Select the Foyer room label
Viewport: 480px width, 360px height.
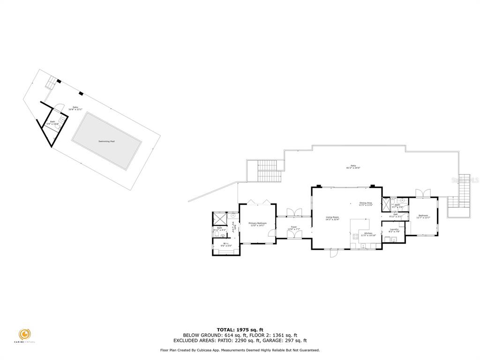(x=294, y=228)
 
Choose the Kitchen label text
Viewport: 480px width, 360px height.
(x=368, y=234)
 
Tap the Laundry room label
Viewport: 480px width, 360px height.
(x=394, y=230)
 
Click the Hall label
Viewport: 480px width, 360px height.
(x=395, y=215)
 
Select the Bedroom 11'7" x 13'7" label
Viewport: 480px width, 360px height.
(x=423, y=216)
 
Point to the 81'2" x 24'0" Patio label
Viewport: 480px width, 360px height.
(x=354, y=167)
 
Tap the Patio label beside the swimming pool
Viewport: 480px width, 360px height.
(x=75, y=108)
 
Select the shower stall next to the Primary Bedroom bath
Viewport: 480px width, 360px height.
(x=220, y=219)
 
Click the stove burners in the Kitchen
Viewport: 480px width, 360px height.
(x=355, y=236)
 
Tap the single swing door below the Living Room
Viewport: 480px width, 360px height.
(x=333, y=254)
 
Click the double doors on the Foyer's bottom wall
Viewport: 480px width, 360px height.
(x=294, y=236)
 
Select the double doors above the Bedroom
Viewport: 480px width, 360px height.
(x=422, y=193)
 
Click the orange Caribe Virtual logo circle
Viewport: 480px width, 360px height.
(x=25, y=335)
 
